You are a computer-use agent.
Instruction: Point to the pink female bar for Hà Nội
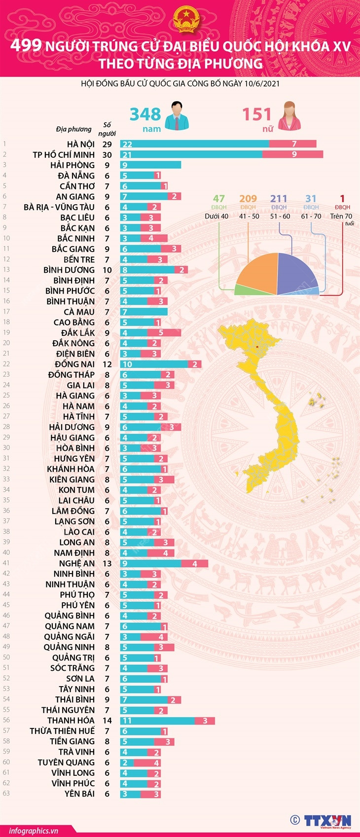[293, 144]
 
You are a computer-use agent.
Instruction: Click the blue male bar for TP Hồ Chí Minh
[191, 154]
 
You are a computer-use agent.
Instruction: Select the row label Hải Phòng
[72, 165]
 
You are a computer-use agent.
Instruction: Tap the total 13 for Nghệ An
[107, 563]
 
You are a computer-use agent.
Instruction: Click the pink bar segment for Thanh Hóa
[205, 721]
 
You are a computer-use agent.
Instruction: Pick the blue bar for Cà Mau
[144, 312]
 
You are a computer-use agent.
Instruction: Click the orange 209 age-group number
[248, 199]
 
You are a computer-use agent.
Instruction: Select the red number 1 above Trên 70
[342, 199]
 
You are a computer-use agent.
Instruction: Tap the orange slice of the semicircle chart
[256, 271]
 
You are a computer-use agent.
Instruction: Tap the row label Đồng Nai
[74, 364]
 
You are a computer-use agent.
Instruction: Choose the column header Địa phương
[73, 129]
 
